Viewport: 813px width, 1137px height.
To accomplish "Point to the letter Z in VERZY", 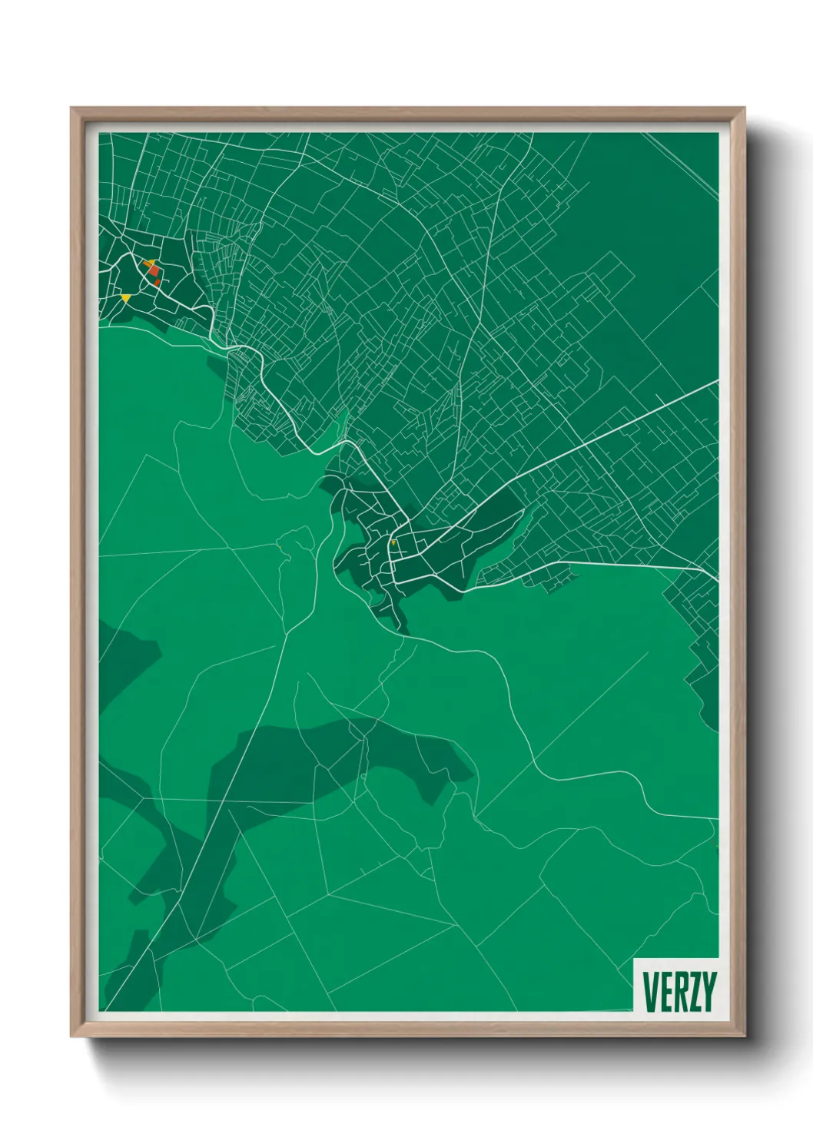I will tap(694, 992).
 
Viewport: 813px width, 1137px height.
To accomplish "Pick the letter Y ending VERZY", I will tap(708, 992).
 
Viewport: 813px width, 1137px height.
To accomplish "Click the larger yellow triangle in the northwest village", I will tap(126, 297).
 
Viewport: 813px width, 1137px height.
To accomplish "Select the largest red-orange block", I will tap(154, 270).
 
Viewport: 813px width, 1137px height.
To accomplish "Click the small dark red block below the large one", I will tap(158, 283).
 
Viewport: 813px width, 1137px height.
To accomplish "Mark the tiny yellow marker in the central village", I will tap(393, 543).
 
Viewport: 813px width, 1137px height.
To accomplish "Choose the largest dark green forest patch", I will tap(307, 768).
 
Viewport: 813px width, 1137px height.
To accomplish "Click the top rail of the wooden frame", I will tap(407, 113).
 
